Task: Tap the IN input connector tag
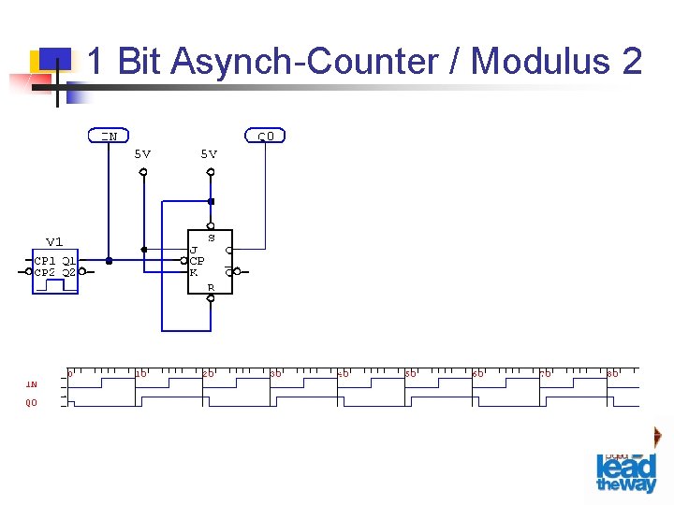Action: (110, 136)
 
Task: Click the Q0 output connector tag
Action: (266, 137)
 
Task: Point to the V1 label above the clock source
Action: (54, 242)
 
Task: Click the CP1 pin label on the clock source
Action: (45, 260)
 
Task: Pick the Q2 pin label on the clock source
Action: (69, 272)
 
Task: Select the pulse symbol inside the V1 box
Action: (56, 284)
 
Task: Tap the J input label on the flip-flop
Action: (193, 250)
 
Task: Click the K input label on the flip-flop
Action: (193, 272)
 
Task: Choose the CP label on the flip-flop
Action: (197, 261)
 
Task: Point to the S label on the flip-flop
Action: (211, 238)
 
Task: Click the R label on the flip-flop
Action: (211, 287)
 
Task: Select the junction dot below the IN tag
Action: (110, 261)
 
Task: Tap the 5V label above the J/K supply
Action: (142, 153)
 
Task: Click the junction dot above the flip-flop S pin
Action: (211, 201)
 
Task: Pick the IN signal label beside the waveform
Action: (32, 383)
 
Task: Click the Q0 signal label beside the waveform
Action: (32, 403)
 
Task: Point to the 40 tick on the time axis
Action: (343, 373)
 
